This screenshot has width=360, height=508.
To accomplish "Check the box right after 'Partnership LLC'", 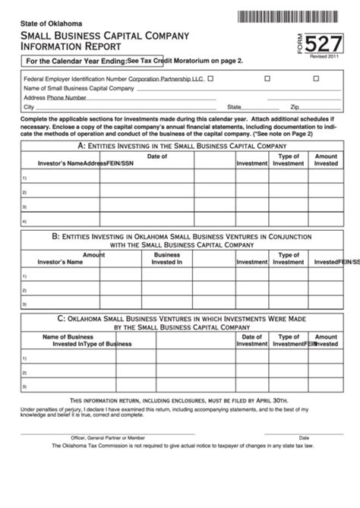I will click(210, 77).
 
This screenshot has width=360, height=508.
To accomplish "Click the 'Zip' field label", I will click(295, 108).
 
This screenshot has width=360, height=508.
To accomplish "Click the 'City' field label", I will click(29, 108).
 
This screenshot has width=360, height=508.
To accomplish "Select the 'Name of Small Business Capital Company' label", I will click(79, 88).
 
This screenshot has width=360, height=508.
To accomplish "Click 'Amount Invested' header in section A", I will click(326, 159).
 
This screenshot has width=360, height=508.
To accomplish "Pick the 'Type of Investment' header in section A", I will click(288, 159).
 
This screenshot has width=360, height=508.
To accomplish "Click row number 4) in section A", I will click(25, 222).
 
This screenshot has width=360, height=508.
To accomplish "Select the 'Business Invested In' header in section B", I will click(167, 258).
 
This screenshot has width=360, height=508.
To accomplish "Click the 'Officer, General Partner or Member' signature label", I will click(109, 437).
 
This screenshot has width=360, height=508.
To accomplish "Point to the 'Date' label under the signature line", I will click(304, 437).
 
